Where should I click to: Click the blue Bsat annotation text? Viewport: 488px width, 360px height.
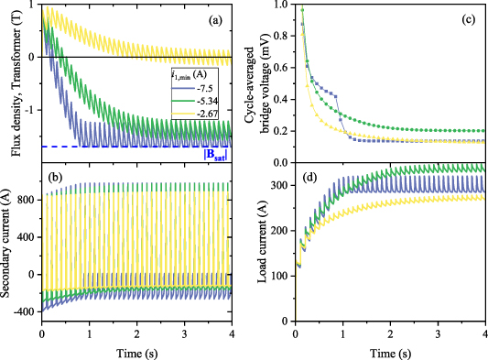[215, 153]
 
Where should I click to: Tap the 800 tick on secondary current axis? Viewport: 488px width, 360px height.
[25, 199]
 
